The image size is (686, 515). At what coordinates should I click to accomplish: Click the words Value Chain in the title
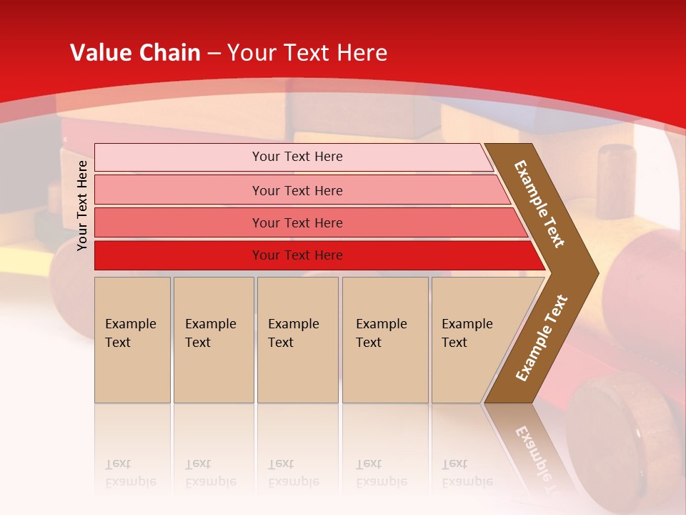click(x=135, y=53)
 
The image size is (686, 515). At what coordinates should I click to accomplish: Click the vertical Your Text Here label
click(x=82, y=205)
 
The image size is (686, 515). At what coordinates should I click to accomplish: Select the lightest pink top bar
click(x=297, y=157)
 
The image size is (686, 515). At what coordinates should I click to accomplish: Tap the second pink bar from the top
click(x=297, y=190)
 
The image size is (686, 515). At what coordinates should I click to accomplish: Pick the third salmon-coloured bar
click(x=297, y=223)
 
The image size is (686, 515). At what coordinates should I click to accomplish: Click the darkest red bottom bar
click(x=297, y=255)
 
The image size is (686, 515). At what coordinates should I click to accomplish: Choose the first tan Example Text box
click(x=132, y=340)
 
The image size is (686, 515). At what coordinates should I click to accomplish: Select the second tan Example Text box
click(x=214, y=340)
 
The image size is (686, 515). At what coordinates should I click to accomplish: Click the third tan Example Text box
click(x=297, y=340)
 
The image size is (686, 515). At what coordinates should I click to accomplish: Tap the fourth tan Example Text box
click(x=385, y=340)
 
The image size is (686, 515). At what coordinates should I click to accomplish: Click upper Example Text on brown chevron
click(x=540, y=204)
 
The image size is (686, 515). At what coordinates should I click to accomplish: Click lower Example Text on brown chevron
click(x=542, y=338)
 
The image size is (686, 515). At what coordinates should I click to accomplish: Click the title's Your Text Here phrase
click(x=307, y=53)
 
